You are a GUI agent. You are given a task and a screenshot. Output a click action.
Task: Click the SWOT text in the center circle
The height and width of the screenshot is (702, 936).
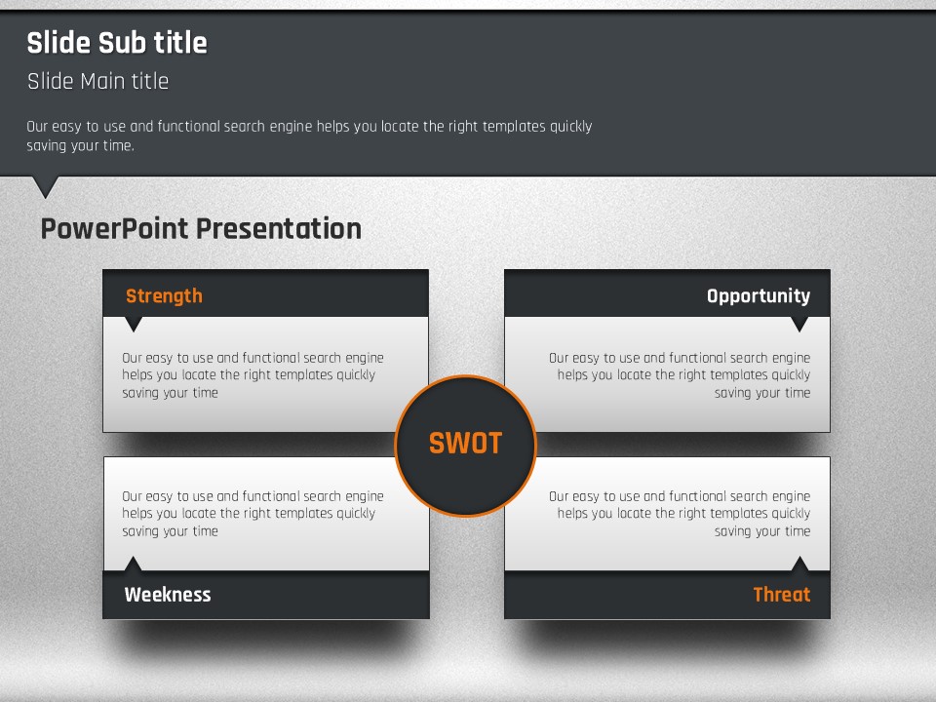click(x=466, y=444)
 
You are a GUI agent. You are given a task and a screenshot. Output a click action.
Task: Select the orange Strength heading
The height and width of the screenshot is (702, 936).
click(x=164, y=296)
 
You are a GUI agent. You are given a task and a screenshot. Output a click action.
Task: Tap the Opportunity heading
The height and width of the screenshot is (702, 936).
click(x=759, y=296)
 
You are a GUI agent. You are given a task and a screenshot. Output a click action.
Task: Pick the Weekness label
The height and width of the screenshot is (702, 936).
click(x=168, y=595)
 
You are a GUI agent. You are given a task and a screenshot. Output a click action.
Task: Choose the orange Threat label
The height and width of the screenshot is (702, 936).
click(x=782, y=595)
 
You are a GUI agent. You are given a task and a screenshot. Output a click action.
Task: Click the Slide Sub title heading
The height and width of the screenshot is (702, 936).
click(x=117, y=43)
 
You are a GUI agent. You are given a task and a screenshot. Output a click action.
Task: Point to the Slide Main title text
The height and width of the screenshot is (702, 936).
click(x=97, y=81)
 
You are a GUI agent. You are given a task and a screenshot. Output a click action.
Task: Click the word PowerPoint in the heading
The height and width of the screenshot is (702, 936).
click(x=115, y=228)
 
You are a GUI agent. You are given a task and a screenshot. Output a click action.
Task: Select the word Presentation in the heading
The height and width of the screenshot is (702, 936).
click(x=279, y=228)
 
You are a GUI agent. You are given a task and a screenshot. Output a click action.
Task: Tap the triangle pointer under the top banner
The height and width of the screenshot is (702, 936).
click(x=46, y=185)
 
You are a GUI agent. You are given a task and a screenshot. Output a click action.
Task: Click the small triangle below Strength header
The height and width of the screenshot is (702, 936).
click(x=134, y=323)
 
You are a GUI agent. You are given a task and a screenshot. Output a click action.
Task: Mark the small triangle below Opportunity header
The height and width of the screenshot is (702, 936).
click(x=799, y=323)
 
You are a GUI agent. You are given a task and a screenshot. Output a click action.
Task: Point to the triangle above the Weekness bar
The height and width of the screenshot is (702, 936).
click(x=133, y=565)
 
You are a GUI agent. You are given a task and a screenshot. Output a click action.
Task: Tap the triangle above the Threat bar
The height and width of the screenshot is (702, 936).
click(x=799, y=565)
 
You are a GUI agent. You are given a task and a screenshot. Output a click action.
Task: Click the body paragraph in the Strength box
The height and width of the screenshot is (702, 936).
click(x=253, y=374)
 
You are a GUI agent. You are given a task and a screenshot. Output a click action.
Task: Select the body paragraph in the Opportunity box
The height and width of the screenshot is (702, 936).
click(x=680, y=374)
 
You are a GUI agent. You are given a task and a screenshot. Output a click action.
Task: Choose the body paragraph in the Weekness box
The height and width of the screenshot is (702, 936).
click(x=253, y=514)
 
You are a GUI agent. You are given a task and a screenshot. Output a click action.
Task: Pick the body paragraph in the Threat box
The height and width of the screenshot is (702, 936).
click(x=680, y=514)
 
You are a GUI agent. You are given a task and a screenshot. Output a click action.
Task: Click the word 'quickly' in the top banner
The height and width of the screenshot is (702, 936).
click(x=570, y=127)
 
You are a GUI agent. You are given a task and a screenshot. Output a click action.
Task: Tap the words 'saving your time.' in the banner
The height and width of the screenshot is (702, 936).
click(x=80, y=145)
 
